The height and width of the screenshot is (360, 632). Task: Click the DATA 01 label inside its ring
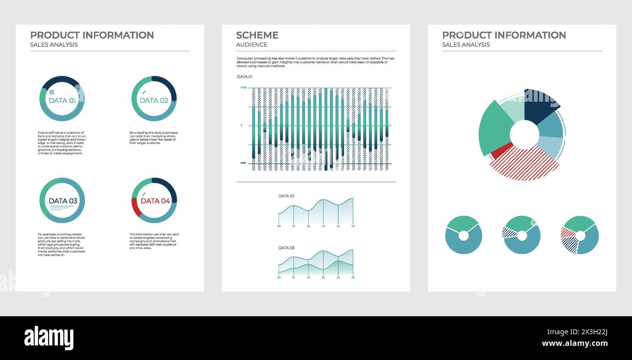pyautogui.click(x=62, y=101)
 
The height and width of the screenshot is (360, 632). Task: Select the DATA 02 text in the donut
pyautogui.click(x=154, y=101)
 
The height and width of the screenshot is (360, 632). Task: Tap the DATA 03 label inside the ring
pyautogui.click(x=63, y=201)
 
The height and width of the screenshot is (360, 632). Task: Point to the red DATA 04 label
pyautogui.click(x=156, y=201)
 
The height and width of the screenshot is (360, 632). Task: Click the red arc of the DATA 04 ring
pyautogui.click(x=135, y=207)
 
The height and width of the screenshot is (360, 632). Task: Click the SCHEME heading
pyautogui.click(x=257, y=35)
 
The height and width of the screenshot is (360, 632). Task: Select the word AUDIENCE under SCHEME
pyautogui.click(x=251, y=45)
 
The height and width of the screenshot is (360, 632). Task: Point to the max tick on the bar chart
pyautogui.click(x=243, y=88)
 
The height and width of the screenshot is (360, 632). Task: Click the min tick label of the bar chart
pyautogui.click(x=243, y=163)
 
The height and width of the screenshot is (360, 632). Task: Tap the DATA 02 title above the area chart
pyautogui.click(x=286, y=196)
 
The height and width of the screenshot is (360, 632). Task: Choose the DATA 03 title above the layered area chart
pyautogui.click(x=286, y=248)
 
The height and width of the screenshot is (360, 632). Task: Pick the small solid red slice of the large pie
pyautogui.click(x=501, y=150)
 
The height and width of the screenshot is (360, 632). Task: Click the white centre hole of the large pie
pyautogui.click(x=524, y=135)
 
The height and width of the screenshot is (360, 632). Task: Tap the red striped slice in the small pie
pyautogui.click(x=567, y=233)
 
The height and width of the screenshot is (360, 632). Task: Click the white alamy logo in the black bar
pyautogui.click(x=49, y=338)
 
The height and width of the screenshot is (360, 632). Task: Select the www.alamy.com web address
pyautogui.click(x=575, y=343)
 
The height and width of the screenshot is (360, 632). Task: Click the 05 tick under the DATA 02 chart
pyautogui.click(x=353, y=226)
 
